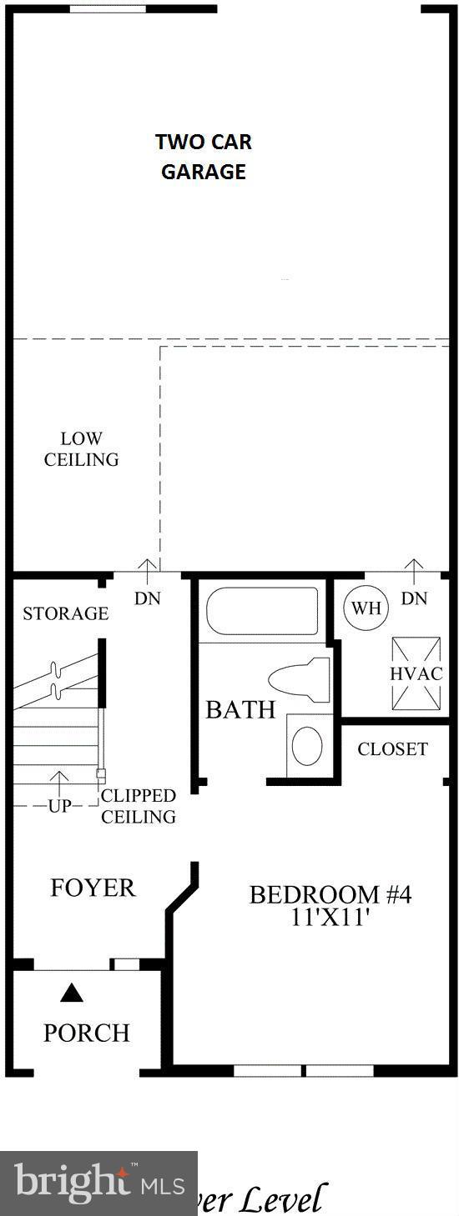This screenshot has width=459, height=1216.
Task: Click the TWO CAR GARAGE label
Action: click(203, 157)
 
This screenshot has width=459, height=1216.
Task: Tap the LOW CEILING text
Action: click(81, 448)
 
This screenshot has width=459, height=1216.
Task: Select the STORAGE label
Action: click(65, 613)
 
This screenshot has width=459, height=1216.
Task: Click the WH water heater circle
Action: click(366, 607)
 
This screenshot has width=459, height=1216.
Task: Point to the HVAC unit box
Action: click(416, 673)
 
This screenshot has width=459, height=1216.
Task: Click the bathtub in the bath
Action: click(262, 612)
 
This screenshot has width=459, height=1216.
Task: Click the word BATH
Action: click(240, 710)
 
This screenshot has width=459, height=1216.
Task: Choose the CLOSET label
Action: click(392, 748)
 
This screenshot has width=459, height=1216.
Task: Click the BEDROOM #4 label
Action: click(330, 894)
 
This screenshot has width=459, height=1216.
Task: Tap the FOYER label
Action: click(93, 888)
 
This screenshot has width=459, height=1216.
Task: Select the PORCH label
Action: click(87, 1033)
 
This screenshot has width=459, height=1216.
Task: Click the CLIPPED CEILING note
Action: click(139, 806)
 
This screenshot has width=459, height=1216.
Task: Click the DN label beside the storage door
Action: click(148, 598)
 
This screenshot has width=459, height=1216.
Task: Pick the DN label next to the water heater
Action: click(414, 598)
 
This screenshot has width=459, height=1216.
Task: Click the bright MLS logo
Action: click(98, 1183)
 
